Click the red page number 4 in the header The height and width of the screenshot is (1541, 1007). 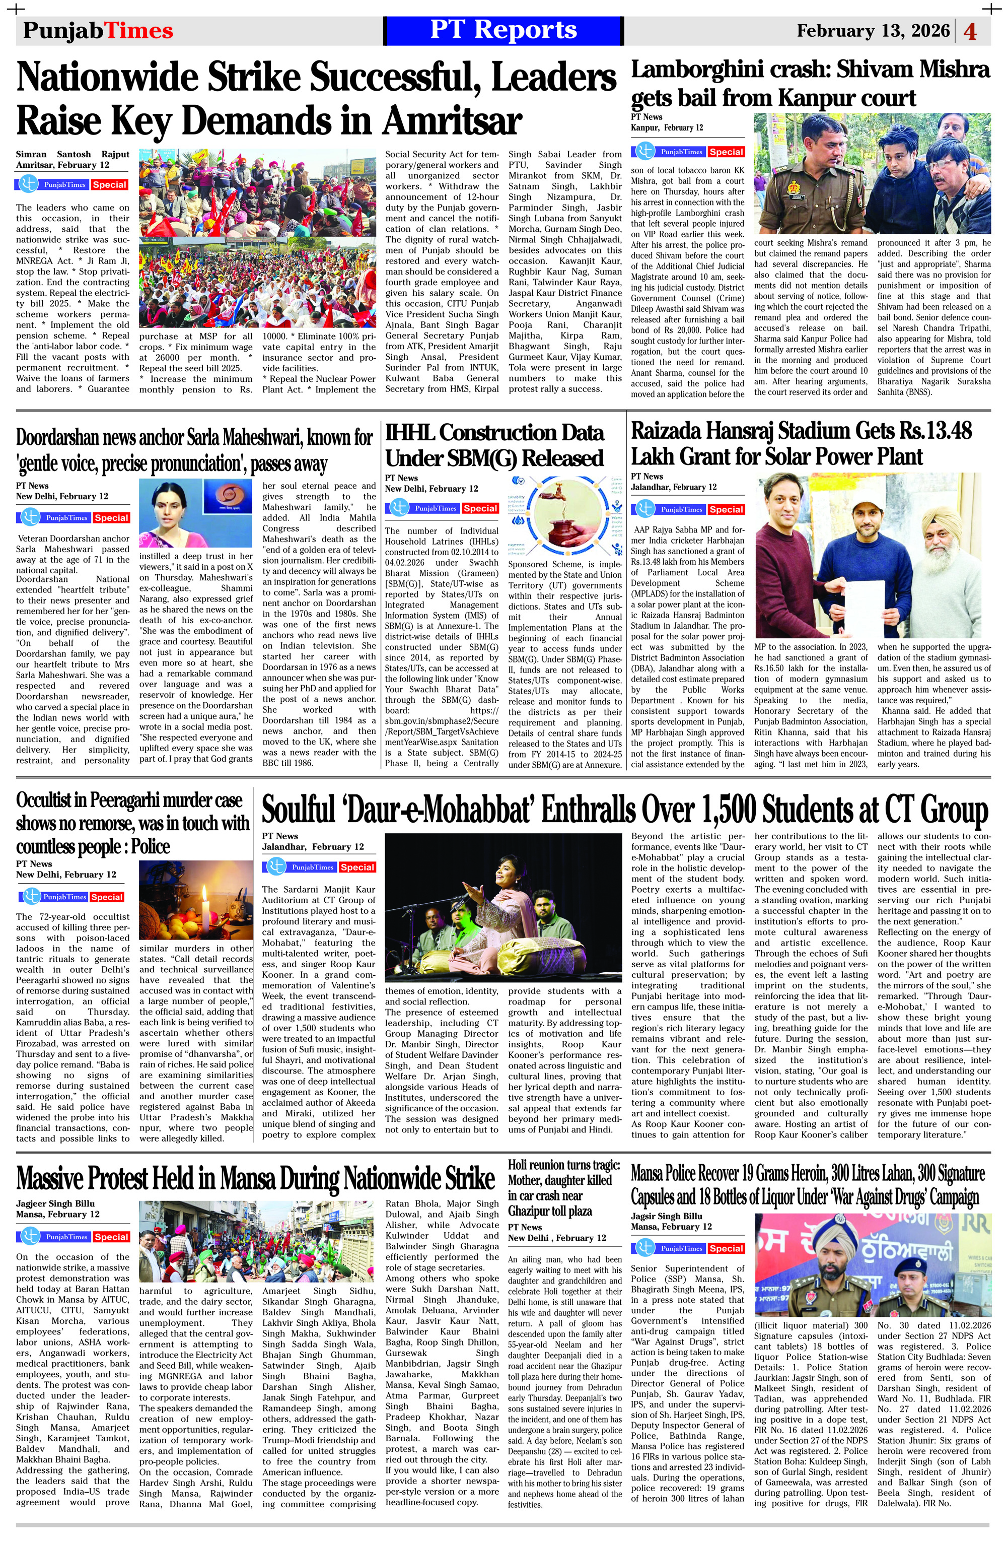[x=970, y=32]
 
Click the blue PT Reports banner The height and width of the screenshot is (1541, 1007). [x=503, y=30]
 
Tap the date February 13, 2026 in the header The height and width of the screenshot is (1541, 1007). [x=873, y=31]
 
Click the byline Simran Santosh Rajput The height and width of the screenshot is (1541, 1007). [x=73, y=155]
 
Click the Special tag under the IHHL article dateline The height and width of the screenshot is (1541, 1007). [x=480, y=508]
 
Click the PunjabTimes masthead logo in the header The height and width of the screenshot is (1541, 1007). [x=98, y=31]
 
